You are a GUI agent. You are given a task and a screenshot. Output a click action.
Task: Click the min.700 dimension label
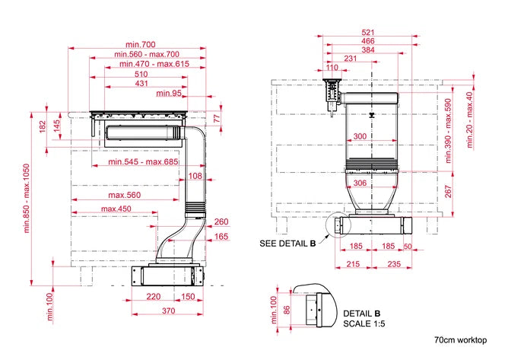(141, 44)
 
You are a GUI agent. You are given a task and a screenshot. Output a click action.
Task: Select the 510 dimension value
(141, 75)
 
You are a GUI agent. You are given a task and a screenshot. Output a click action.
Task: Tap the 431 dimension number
(141, 84)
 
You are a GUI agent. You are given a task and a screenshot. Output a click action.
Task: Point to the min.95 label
(169, 94)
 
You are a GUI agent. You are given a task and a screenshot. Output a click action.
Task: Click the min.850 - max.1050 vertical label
(27, 199)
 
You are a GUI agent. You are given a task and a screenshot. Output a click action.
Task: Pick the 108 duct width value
(195, 176)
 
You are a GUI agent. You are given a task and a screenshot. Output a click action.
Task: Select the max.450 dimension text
(116, 209)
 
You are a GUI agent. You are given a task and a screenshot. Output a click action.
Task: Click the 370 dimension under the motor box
(169, 311)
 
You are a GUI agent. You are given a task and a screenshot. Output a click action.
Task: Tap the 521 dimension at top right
(368, 33)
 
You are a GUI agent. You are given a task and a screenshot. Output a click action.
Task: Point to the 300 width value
(360, 136)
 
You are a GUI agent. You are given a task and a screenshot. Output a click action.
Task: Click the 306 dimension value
(360, 183)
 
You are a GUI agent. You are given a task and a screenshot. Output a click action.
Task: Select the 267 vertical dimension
(448, 192)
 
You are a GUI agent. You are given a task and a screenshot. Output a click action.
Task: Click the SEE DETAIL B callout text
(287, 244)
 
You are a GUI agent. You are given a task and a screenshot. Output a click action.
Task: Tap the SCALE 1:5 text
(364, 323)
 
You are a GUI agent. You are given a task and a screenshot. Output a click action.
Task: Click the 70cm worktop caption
(460, 340)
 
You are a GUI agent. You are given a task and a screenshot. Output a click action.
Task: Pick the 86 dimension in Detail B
(287, 311)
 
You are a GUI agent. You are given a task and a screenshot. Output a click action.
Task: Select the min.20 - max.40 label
(469, 120)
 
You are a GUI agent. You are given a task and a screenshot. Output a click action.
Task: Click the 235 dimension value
(394, 264)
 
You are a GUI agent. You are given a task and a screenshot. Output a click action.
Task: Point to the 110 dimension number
(332, 68)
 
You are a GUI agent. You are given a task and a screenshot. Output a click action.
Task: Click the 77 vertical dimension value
(217, 119)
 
